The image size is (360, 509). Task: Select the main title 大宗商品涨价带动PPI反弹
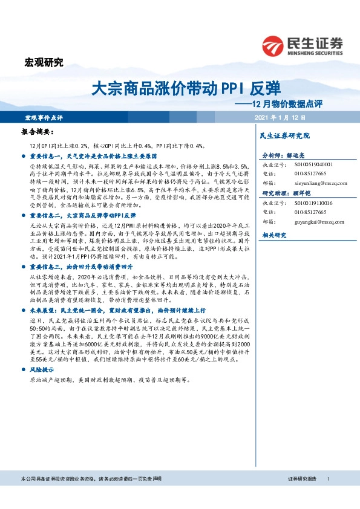click(186, 88)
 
